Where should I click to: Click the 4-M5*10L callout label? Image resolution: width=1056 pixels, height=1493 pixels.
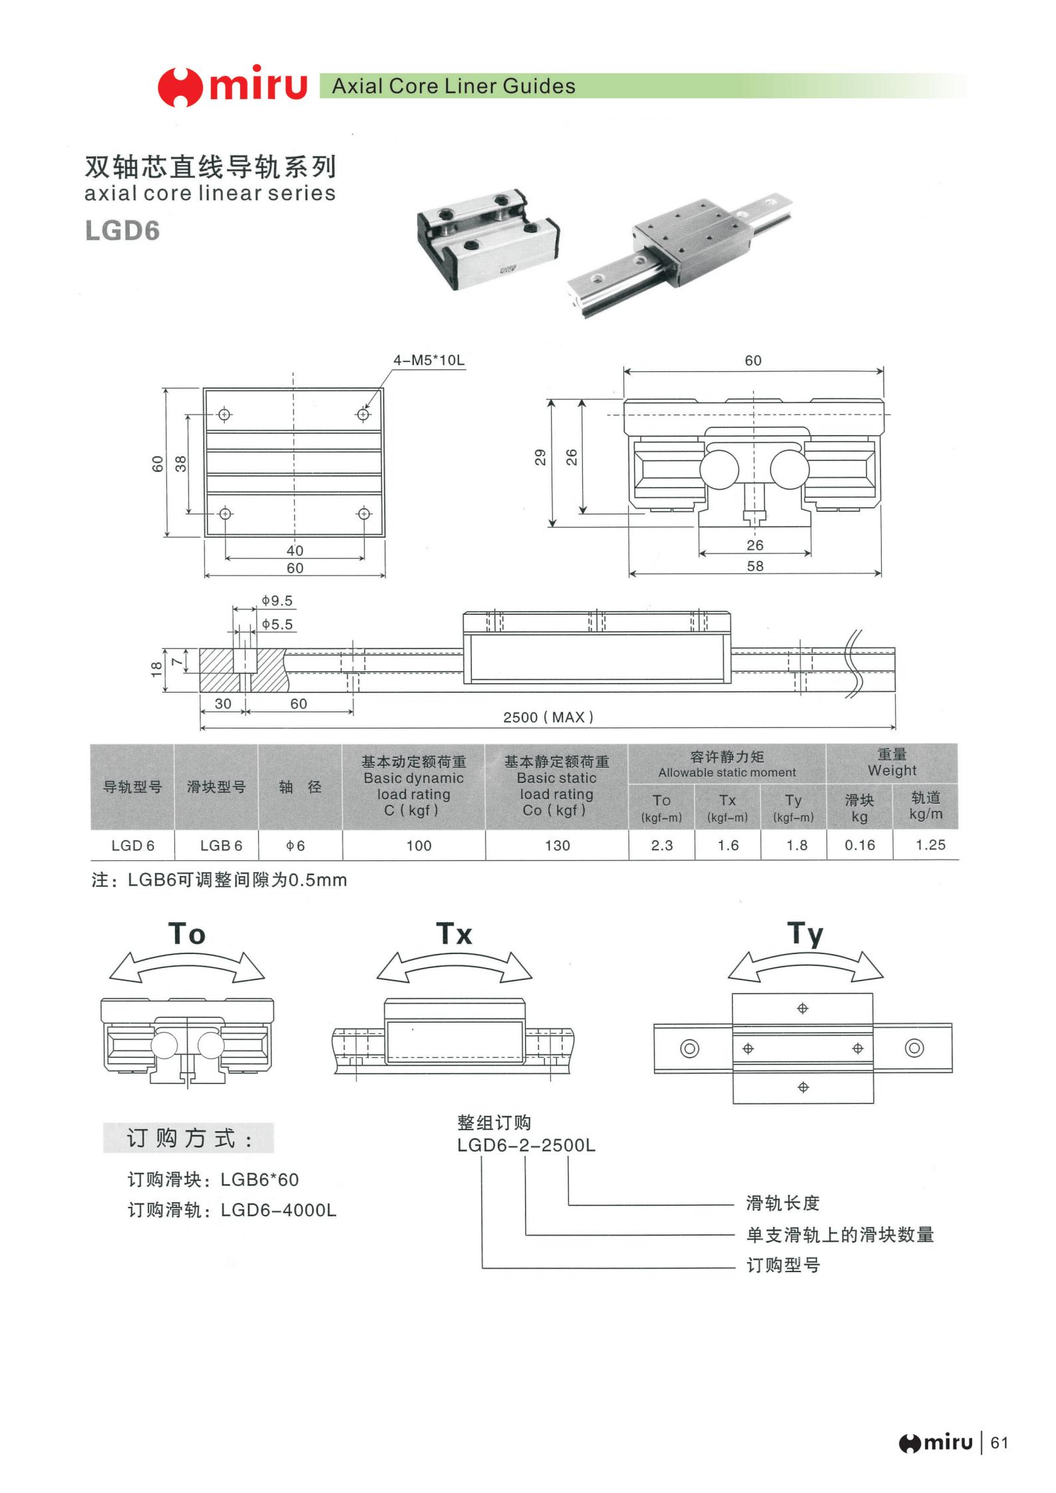(x=429, y=361)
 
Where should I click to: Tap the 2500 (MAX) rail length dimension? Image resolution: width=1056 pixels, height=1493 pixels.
(x=548, y=717)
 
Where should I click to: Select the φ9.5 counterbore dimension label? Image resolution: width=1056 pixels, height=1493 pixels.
(x=277, y=601)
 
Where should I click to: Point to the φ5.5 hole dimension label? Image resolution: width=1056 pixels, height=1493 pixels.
(x=277, y=624)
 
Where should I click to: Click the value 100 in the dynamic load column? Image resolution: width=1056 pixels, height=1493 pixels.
(x=419, y=846)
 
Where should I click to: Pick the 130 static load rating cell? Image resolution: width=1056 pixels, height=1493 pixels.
(x=557, y=846)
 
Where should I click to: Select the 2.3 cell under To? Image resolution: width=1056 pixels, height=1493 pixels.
(x=661, y=845)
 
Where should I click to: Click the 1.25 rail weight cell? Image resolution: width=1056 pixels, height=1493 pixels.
(x=930, y=845)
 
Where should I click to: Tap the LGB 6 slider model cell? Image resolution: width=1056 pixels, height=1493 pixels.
(x=221, y=846)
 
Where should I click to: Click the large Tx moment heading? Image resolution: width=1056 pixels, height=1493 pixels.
(x=454, y=934)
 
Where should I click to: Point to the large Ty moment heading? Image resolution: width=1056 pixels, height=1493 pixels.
(x=805, y=934)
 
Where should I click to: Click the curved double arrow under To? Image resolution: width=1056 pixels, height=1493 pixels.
(x=187, y=967)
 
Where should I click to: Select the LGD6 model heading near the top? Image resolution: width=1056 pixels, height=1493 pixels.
(x=122, y=231)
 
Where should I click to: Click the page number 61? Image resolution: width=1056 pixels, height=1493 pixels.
(x=999, y=1443)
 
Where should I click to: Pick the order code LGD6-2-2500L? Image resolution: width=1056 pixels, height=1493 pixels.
(x=526, y=1146)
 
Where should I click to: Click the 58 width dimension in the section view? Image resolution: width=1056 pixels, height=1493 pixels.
(x=755, y=566)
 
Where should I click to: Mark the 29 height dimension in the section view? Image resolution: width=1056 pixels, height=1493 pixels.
(x=540, y=457)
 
